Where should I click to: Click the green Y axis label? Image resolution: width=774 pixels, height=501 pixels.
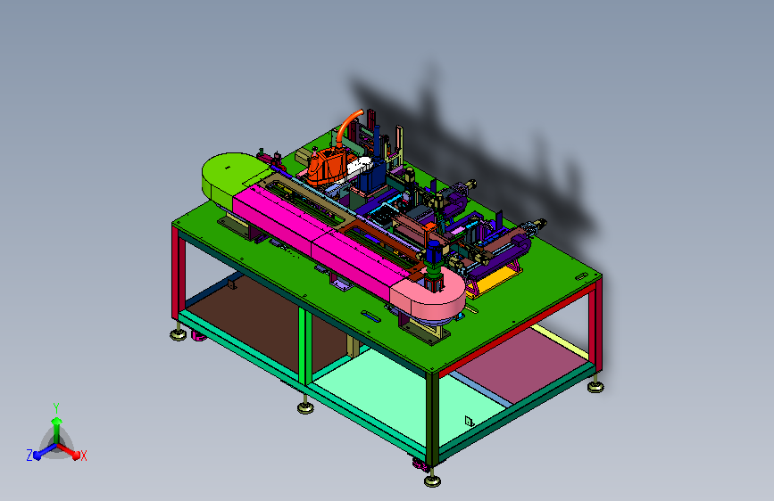pos(56,408)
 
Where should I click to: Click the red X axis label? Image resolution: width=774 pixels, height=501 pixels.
pos(83,456)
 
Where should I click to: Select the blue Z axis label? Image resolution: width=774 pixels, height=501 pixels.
pos(29,456)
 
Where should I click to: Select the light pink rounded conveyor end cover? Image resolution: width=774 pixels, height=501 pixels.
pos(429,296)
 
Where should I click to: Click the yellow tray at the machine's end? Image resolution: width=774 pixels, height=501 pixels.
pos(497,279)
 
